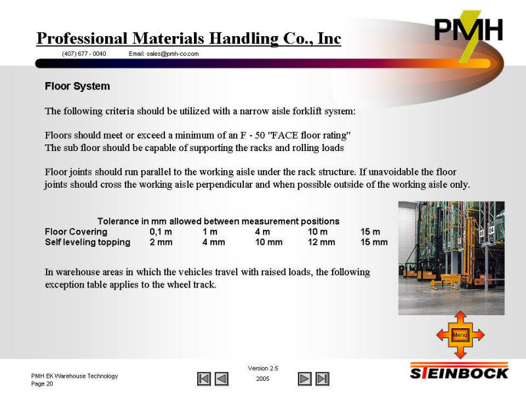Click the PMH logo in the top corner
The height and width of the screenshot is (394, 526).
(469, 33)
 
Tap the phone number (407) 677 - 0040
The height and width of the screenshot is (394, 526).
(84, 54)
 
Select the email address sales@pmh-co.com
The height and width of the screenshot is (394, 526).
(172, 54)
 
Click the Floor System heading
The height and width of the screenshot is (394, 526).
(78, 86)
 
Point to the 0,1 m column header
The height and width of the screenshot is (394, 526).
(160, 232)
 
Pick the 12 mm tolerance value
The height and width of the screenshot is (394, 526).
(322, 242)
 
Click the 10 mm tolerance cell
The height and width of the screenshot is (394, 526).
(269, 242)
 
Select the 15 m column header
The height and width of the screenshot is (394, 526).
(370, 232)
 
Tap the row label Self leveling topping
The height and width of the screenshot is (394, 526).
(87, 242)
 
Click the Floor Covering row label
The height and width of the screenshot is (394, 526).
(76, 232)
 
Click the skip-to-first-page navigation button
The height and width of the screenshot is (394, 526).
(204, 379)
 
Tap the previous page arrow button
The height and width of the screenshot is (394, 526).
(222, 379)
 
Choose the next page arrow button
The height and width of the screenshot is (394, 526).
(304, 379)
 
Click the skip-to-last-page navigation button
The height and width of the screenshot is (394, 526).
(322, 379)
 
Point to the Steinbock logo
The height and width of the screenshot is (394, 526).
(459, 371)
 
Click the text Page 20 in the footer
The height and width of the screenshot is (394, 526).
(42, 383)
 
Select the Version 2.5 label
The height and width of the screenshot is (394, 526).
(263, 368)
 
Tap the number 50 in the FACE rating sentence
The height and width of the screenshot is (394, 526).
(260, 135)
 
